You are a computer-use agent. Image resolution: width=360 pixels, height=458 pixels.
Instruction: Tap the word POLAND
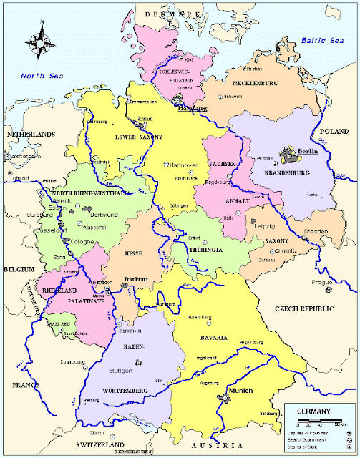pyautogui.click(x=334, y=132)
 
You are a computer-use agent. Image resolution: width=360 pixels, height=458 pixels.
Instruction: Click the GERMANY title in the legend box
pyautogui.click(x=315, y=411)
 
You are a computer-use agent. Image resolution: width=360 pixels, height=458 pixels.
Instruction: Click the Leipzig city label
pyautogui.click(x=266, y=225)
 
